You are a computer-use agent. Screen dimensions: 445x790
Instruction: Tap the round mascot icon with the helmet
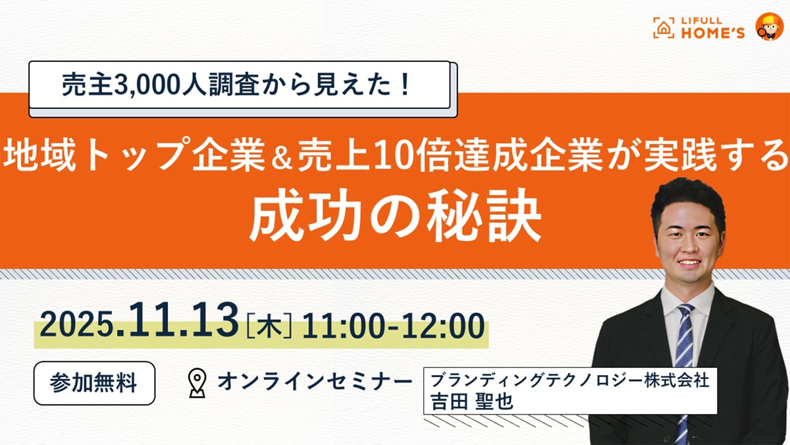coord(768,26)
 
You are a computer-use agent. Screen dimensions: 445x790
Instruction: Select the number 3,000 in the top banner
coord(130,86)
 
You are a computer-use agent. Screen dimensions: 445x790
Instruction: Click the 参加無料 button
coord(94,383)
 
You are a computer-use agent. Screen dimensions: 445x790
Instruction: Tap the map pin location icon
coord(197,383)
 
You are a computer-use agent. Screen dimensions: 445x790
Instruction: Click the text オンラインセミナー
coord(314,382)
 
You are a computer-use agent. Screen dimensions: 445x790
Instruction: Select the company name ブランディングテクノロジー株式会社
coord(570,382)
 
